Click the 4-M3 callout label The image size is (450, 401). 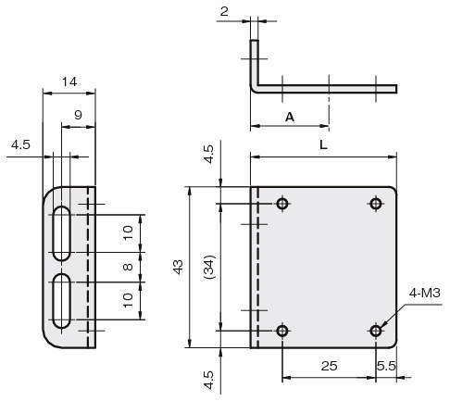point(424,293)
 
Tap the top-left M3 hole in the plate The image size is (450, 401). point(282,204)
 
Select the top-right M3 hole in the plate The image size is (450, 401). point(376,204)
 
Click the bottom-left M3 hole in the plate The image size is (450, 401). point(282,331)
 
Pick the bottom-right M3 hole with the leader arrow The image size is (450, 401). point(376,331)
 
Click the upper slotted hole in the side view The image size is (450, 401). point(62,232)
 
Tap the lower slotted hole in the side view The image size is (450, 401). point(62,301)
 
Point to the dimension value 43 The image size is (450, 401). point(179,267)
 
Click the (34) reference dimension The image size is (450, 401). point(209,268)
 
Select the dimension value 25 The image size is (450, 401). point(329,366)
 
